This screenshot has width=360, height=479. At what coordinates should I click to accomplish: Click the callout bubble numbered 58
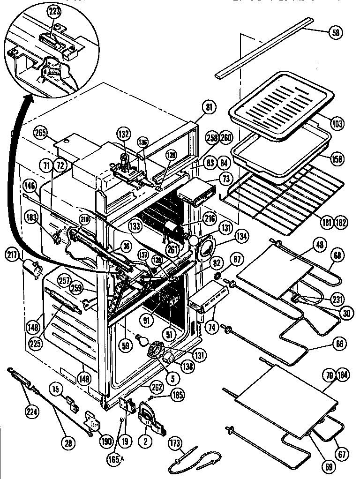click(336, 32)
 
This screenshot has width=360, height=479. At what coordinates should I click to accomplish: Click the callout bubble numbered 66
click(338, 344)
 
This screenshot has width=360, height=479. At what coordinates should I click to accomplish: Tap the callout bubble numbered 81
click(209, 107)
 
